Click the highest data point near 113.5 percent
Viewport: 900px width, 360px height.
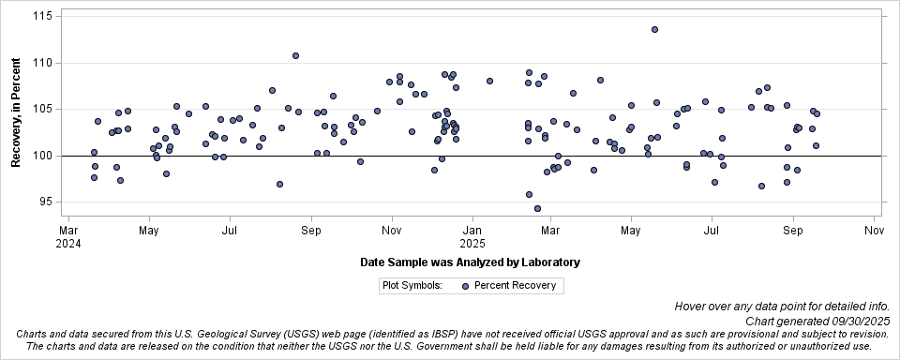(x=654, y=30)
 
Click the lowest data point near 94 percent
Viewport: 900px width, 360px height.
(x=537, y=208)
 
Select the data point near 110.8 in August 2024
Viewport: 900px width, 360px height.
(x=295, y=55)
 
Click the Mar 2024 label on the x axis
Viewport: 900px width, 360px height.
(x=68, y=235)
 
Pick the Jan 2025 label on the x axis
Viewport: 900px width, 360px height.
(x=472, y=235)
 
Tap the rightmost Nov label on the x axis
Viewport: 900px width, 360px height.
(x=873, y=230)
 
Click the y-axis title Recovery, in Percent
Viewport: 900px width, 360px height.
(x=16, y=112)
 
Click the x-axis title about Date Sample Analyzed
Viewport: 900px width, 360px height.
(x=469, y=262)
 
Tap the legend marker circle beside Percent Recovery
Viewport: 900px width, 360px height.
(x=464, y=286)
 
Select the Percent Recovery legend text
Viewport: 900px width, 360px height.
(x=515, y=286)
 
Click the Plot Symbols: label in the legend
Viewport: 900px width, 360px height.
(x=412, y=286)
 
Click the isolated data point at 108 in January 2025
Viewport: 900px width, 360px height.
(x=489, y=81)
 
